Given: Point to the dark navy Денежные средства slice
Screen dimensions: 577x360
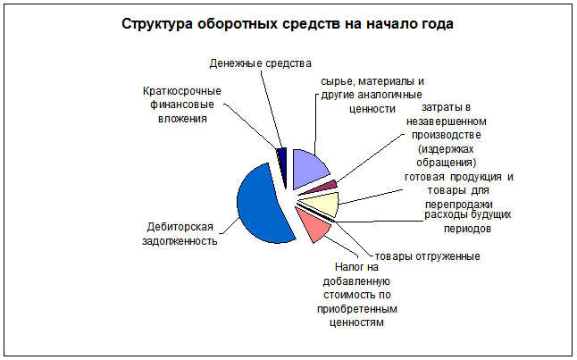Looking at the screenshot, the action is click(282, 165).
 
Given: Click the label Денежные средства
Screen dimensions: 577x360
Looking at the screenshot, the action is click(261, 63).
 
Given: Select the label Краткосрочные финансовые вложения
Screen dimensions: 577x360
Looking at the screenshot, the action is click(182, 105).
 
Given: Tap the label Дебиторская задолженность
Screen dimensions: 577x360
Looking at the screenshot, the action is click(180, 234).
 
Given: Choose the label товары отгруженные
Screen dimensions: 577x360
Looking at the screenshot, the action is click(427, 256).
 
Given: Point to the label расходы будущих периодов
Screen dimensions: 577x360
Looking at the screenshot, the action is click(468, 222).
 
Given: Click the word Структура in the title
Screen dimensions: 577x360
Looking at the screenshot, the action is click(157, 24).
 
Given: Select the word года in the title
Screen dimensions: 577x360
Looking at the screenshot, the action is click(437, 24).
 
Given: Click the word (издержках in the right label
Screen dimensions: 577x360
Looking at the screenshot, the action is click(446, 149).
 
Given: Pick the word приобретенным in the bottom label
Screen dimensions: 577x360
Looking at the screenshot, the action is click(357, 309).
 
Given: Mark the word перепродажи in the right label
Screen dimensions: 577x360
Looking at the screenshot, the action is click(458, 205).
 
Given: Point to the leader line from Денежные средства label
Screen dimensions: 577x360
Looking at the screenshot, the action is click(272, 109).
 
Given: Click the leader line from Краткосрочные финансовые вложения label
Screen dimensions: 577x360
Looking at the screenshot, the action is click(251, 127).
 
